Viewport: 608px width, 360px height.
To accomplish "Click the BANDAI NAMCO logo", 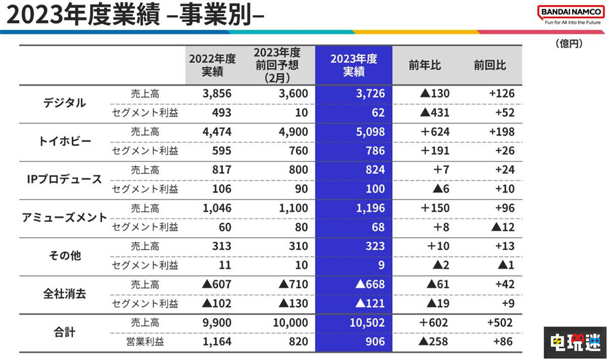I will click(568, 12).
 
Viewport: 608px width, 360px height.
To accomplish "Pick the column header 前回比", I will click(489, 65).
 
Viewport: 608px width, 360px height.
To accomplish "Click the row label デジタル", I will click(64, 103).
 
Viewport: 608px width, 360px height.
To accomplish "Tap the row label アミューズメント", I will click(64, 217).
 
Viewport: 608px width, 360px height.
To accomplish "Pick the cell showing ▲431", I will click(433, 112).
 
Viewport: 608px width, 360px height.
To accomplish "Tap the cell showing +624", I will click(432, 132).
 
